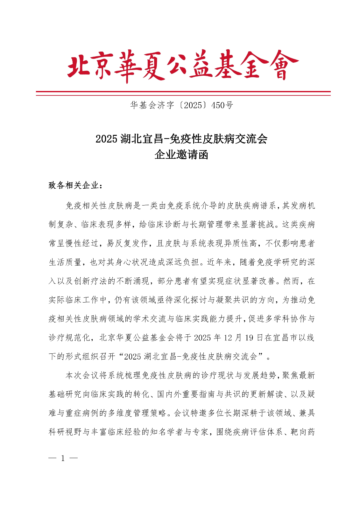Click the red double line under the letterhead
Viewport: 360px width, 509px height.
pyautogui.click(x=183, y=93)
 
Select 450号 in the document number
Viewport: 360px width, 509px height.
pyautogui.click(x=222, y=105)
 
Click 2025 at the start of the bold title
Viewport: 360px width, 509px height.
pyautogui.click(x=106, y=139)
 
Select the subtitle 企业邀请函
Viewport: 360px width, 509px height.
pyautogui.click(x=181, y=155)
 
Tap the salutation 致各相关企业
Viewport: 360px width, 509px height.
pyautogui.click(x=74, y=185)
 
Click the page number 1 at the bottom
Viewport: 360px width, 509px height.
pyautogui.click(x=63, y=458)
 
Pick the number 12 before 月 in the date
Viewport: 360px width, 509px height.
pyautogui.click(x=228, y=338)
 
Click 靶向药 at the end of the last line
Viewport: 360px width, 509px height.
pyautogui.click(x=303, y=432)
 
